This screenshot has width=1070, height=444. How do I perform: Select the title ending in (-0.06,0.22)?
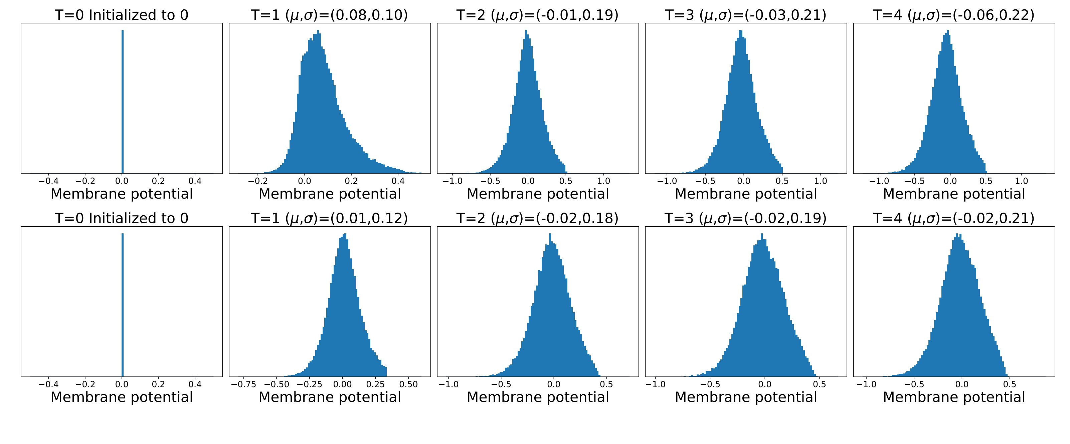pos(954,15)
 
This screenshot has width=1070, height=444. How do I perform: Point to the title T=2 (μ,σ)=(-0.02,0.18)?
pos(537,218)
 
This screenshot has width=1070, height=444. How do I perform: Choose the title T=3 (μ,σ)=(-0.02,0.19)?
pos(746,218)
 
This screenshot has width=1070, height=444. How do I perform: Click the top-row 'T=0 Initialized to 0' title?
pos(122,15)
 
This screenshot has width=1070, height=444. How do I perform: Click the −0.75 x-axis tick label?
pos(243,384)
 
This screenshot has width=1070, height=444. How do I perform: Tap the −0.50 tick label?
pos(277,384)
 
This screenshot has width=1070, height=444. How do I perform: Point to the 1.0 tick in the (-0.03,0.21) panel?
pos(820,181)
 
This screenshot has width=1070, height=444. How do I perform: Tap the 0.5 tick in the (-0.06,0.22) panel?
pos(986,181)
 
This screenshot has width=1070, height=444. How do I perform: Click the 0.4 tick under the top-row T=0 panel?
pos(195,181)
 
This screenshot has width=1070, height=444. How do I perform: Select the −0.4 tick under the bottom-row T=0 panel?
pos(48,384)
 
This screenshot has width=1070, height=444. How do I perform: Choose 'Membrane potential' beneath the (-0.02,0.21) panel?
pos(954,398)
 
